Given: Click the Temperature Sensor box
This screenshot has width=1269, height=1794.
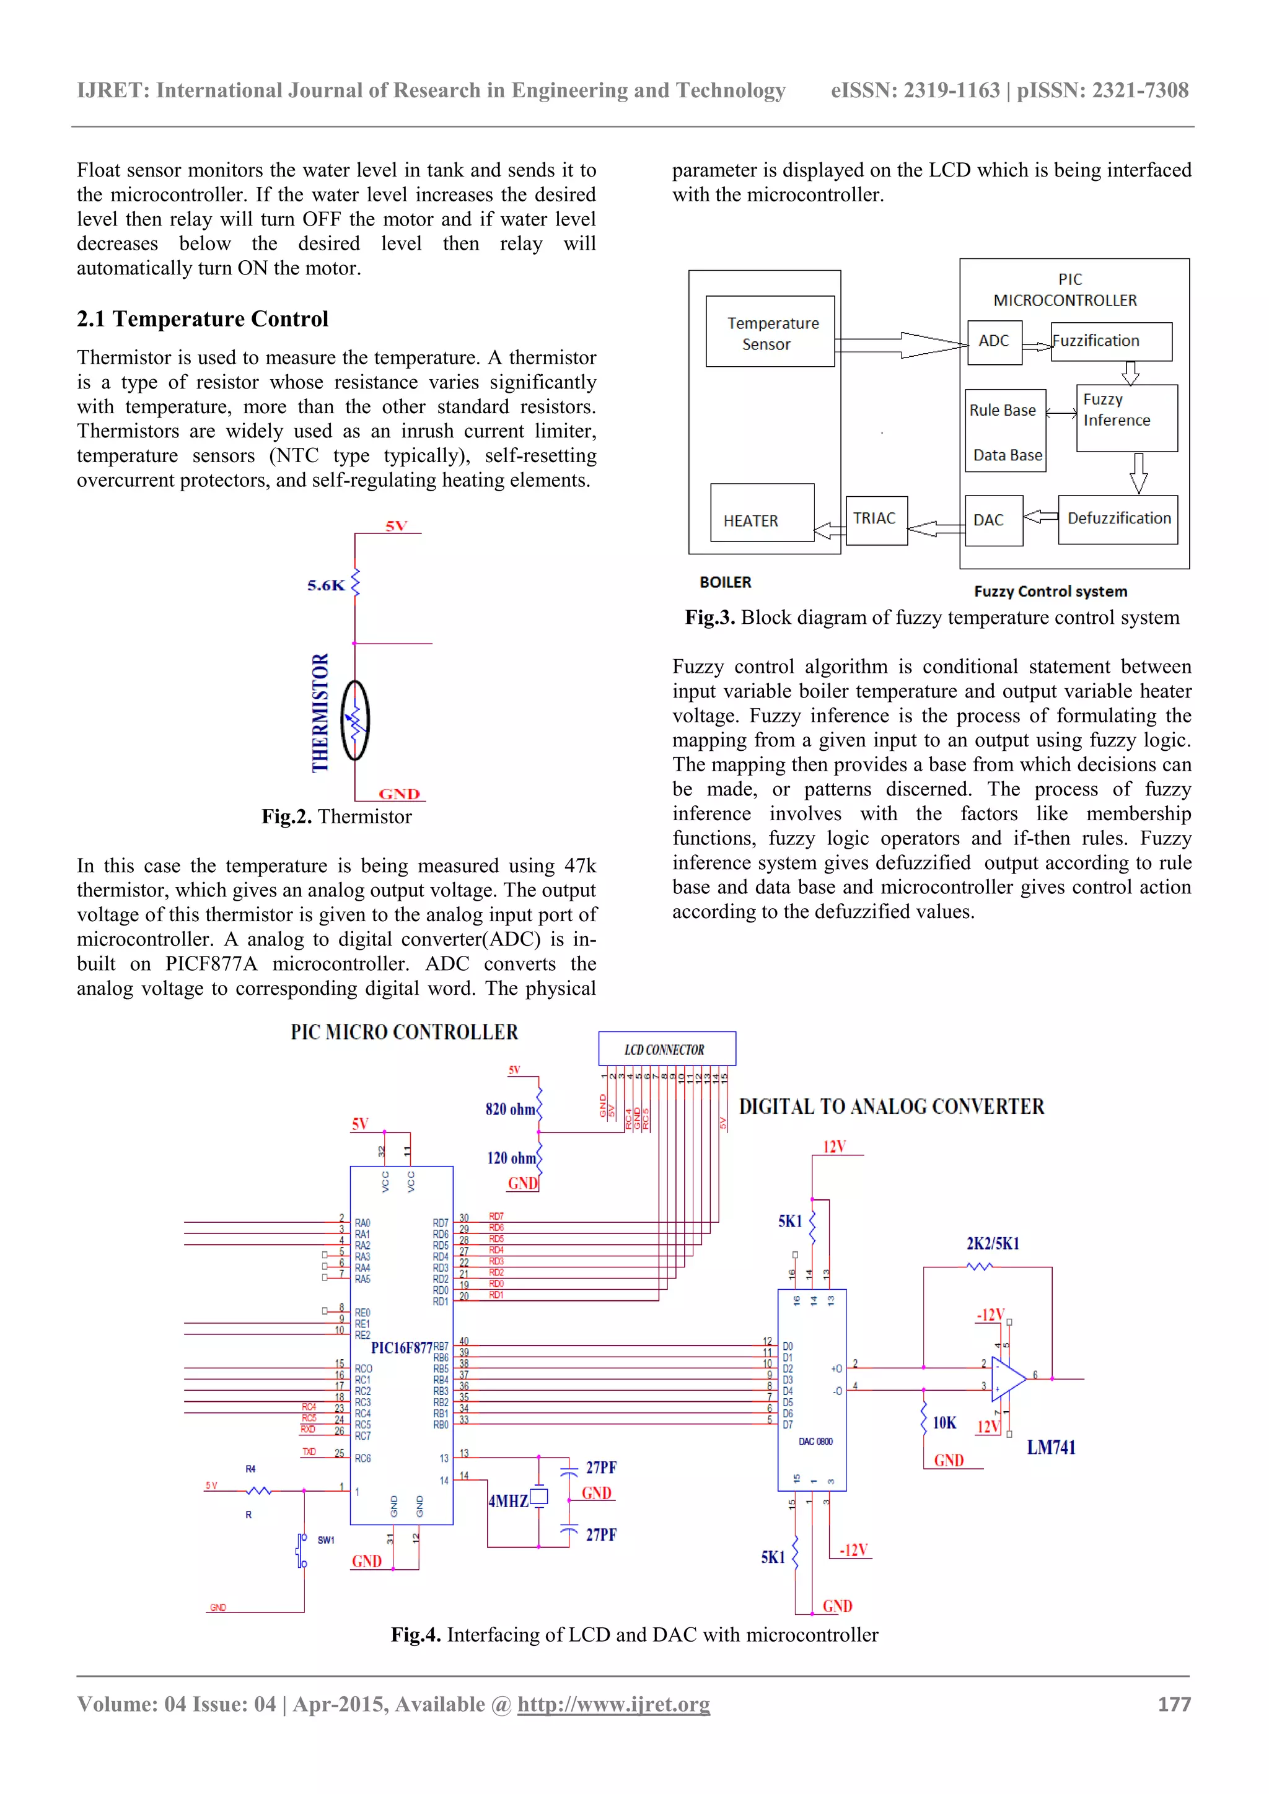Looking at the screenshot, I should (770, 331).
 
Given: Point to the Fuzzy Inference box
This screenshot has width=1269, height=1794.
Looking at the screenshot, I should (1126, 418).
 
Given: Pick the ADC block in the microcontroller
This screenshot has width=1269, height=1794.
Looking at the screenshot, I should (994, 341).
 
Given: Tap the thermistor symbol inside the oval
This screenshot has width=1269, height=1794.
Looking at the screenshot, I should (356, 720).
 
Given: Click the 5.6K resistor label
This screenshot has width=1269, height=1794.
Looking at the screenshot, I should (326, 585).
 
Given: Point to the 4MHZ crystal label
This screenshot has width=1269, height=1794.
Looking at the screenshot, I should (508, 1501).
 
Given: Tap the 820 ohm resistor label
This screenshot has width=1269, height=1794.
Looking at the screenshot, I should (510, 1109).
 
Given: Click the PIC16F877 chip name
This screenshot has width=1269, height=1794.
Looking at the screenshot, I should (401, 1348).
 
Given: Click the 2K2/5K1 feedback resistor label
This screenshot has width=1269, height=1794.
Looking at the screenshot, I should (993, 1243).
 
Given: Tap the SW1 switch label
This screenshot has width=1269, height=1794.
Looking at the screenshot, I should (326, 1539).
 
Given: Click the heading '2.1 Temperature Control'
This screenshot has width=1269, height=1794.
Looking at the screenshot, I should (203, 319).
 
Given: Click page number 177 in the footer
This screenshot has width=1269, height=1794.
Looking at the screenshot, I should (1174, 1704).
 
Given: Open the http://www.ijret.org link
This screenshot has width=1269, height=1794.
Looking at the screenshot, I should (613, 1704).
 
